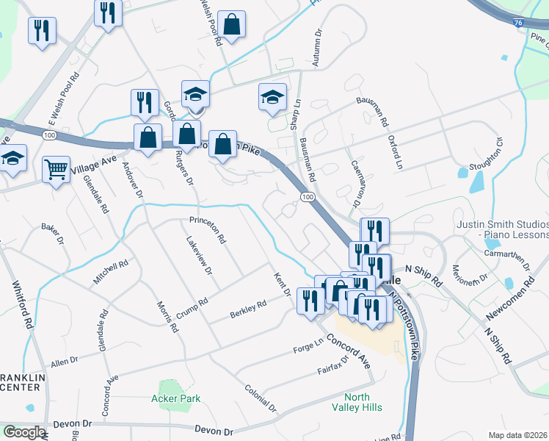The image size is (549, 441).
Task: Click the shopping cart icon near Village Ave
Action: point(56,169)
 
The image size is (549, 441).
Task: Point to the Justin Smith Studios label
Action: point(502,229)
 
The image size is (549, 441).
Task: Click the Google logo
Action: point(23,432)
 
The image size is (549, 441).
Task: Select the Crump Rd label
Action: point(192,309)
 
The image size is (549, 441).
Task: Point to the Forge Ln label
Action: point(308,344)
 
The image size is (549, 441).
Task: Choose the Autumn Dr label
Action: point(317,49)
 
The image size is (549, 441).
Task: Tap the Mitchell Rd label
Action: point(110,273)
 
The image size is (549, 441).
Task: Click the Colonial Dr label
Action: point(261,398)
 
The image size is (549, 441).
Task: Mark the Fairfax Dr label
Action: point(333,365)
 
